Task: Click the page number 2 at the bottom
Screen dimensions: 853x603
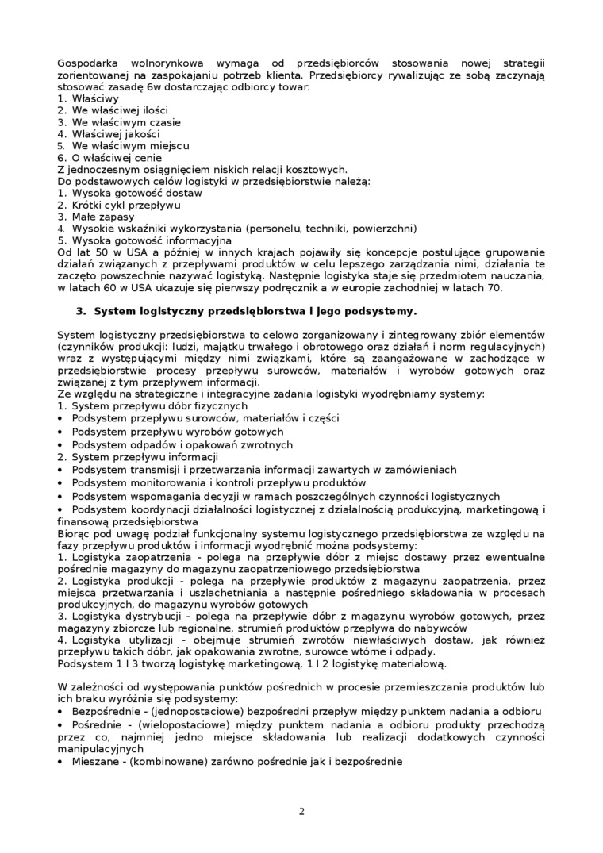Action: pyautogui.click(x=301, y=811)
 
